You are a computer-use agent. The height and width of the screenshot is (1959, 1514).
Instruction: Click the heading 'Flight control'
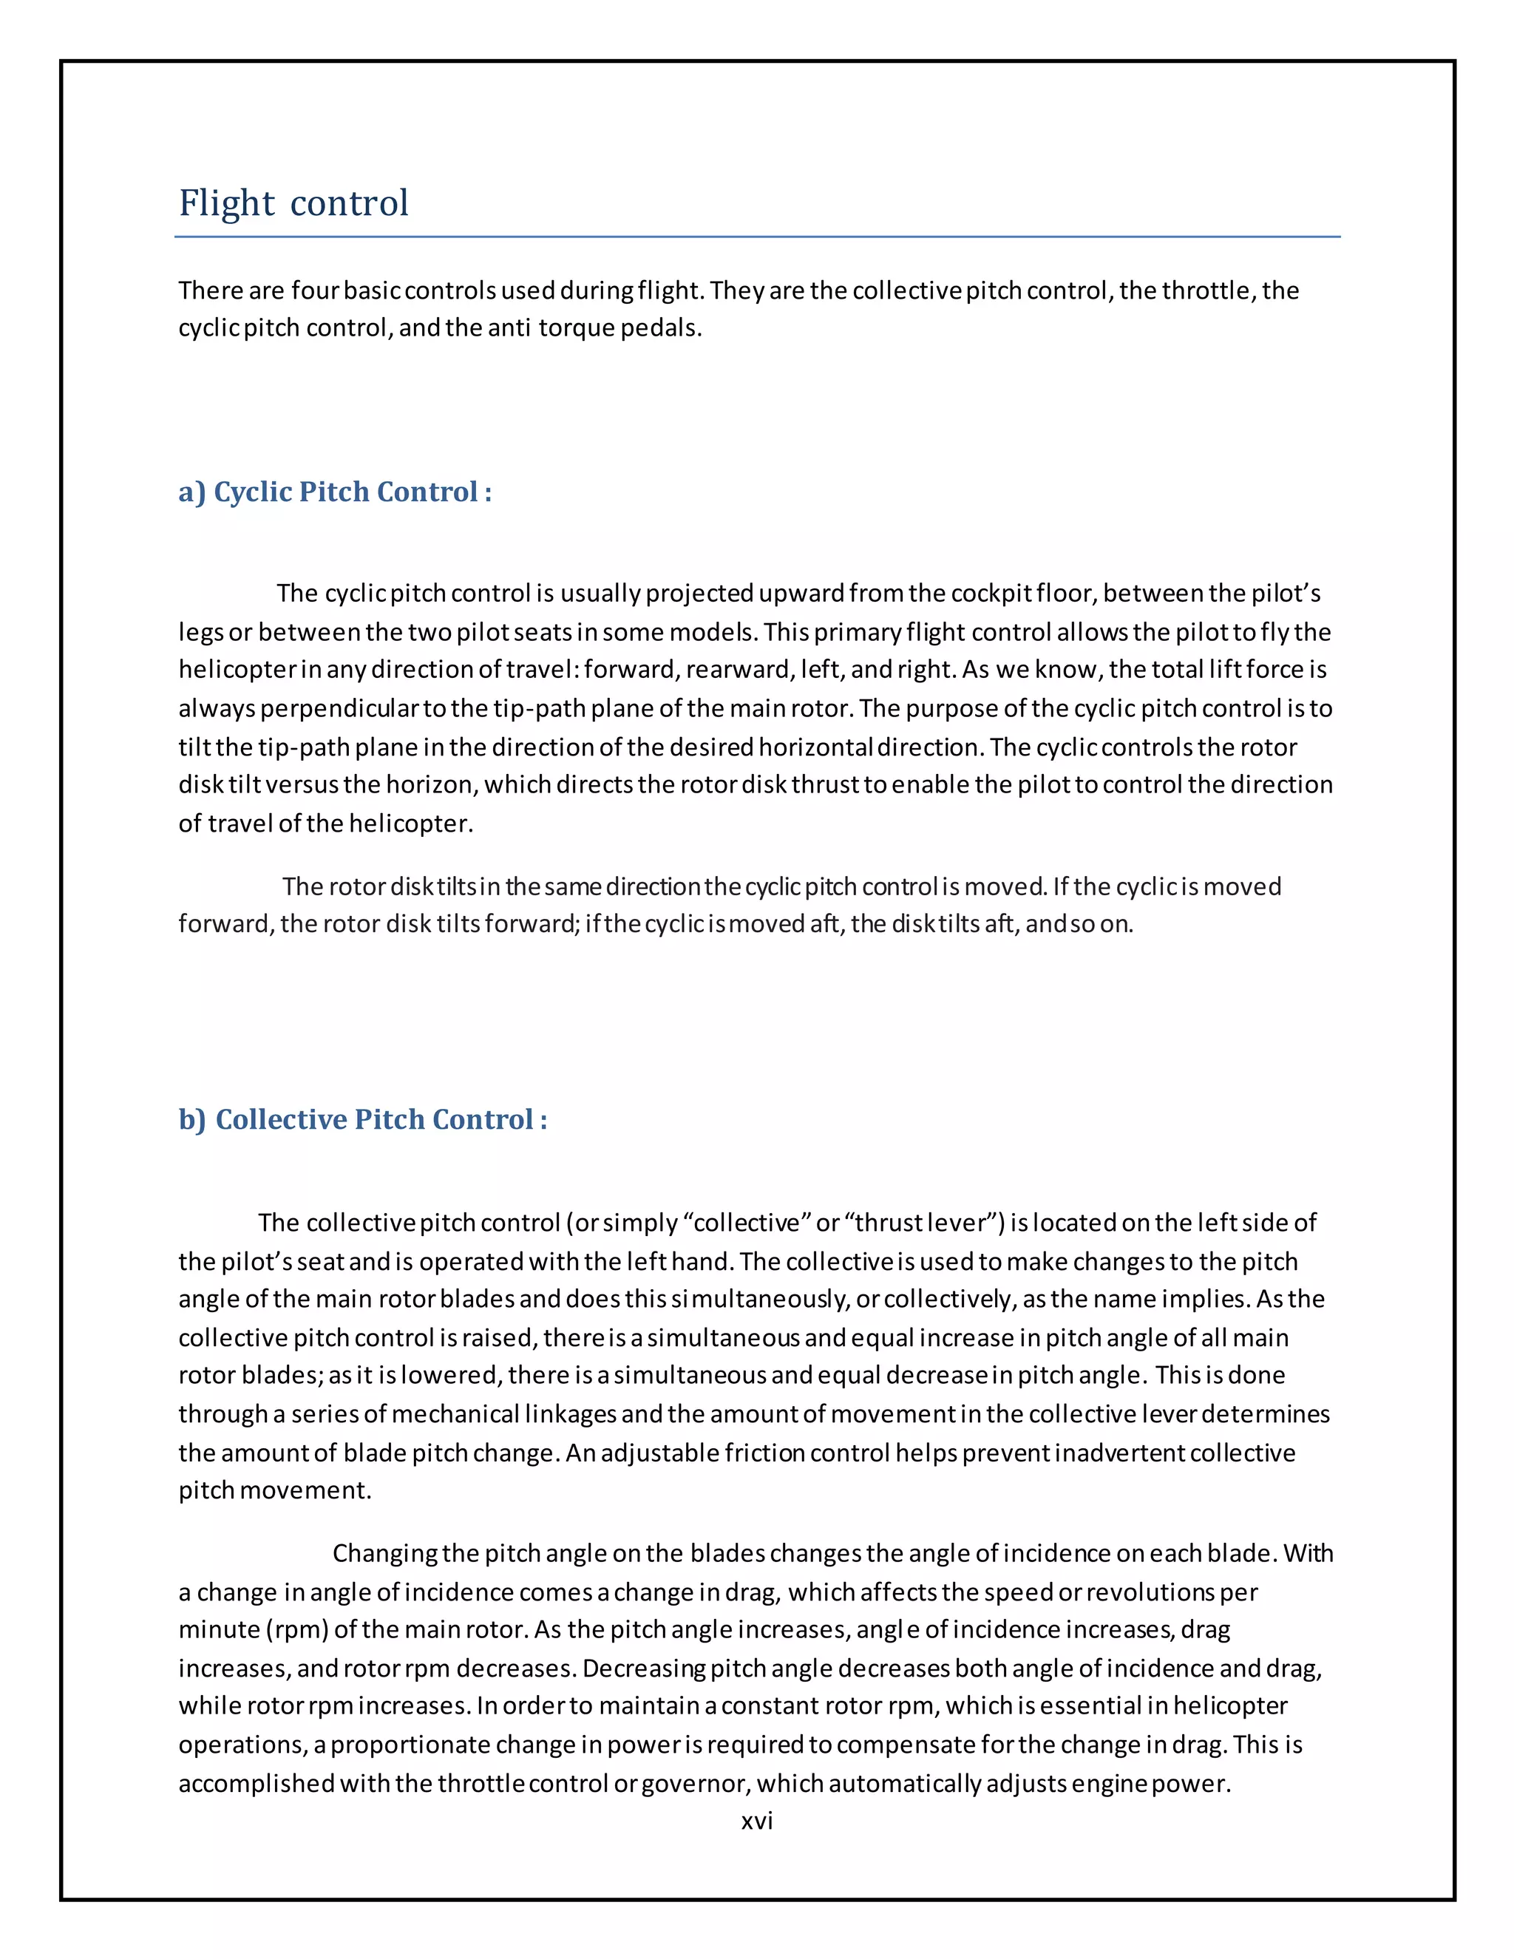pyautogui.click(x=293, y=203)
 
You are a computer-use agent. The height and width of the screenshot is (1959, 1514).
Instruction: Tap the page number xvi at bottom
pyautogui.click(x=757, y=1820)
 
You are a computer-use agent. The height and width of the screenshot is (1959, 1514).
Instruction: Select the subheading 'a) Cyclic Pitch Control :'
pyautogui.click(x=335, y=492)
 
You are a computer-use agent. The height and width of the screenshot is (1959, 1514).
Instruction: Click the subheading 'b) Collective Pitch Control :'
pyautogui.click(x=362, y=1119)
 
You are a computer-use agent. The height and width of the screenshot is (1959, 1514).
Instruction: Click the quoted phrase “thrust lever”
pyautogui.click(x=925, y=1223)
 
